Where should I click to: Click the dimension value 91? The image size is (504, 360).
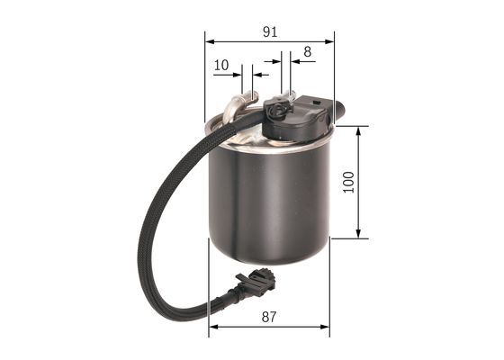(x=269, y=31)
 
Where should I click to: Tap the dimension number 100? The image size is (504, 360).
(x=348, y=183)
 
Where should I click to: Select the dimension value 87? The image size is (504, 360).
(x=269, y=317)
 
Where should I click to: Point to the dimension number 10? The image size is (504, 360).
(x=221, y=66)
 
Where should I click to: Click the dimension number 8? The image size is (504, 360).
(x=307, y=52)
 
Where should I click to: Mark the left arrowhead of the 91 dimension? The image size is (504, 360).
(x=209, y=40)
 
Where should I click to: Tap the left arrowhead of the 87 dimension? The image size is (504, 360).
(x=212, y=328)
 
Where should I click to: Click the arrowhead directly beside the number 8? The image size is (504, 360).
(x=294, y=63)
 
